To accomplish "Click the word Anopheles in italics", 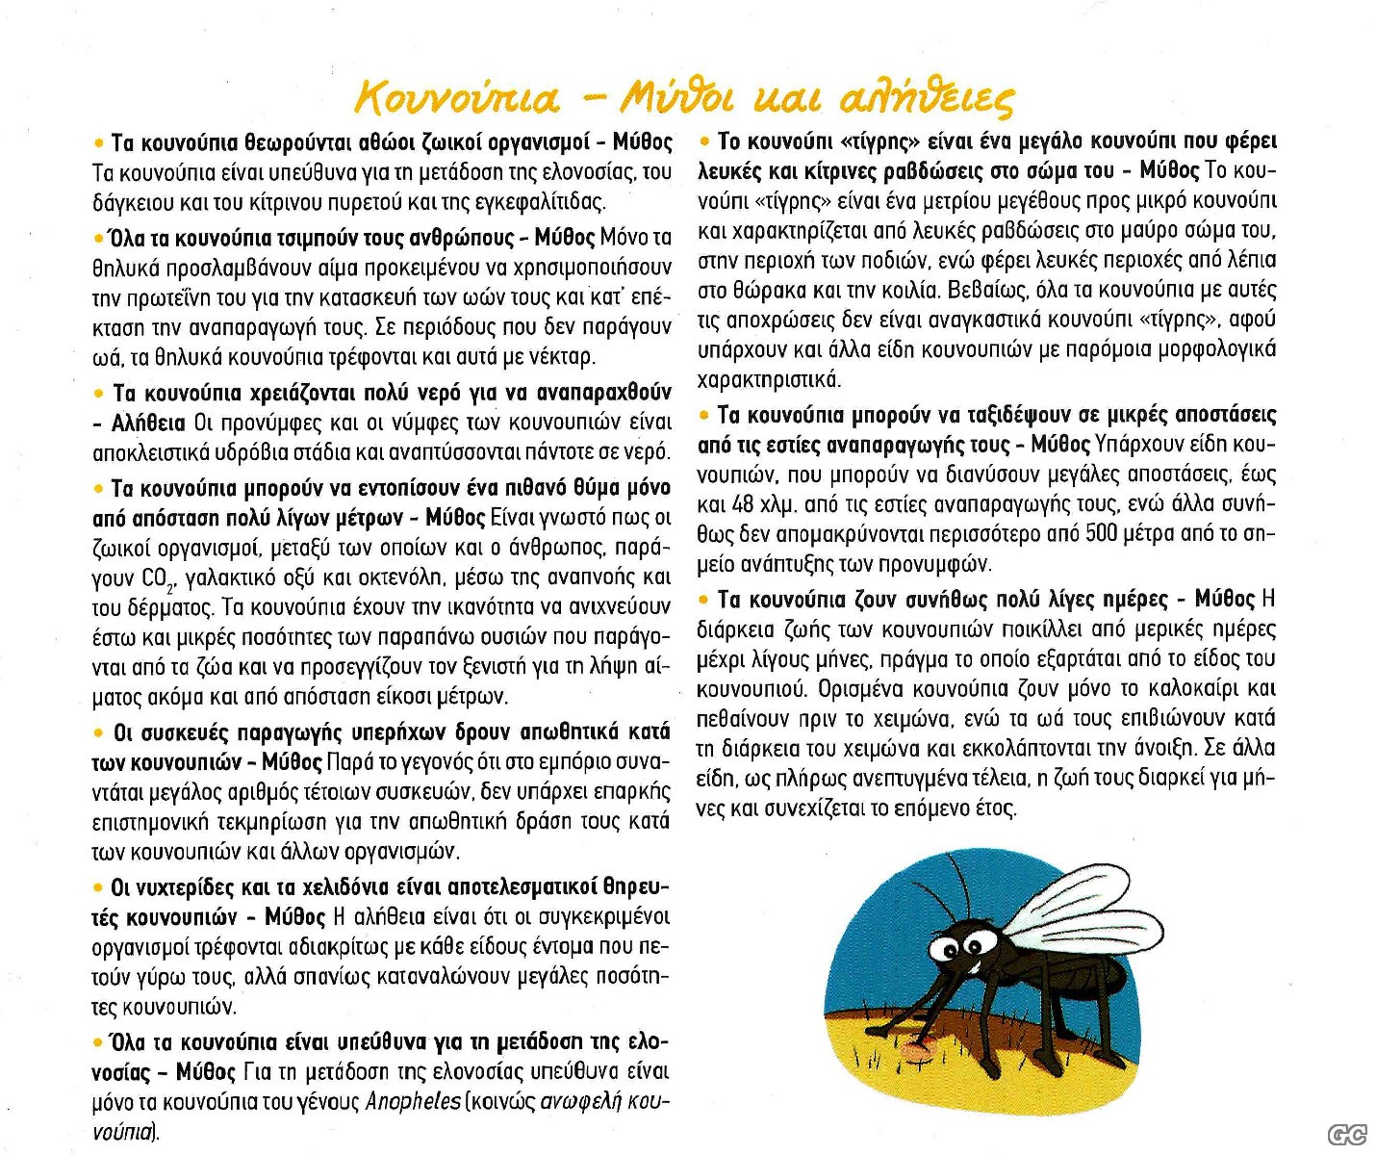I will point(414,1101).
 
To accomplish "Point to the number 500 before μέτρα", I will point(1101,533).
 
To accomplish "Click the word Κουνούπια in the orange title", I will point(457,97).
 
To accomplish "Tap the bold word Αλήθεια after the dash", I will point(148,423).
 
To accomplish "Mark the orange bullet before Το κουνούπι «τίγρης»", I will point(704,141).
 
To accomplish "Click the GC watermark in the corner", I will point(1347,1136).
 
